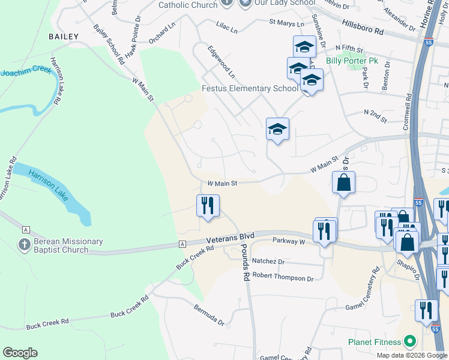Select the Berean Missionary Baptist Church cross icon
[x=23, y=245]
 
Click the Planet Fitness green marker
[x=410, y=342]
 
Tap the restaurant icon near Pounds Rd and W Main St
[x=208, y=205]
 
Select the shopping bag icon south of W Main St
[x=343, y=183]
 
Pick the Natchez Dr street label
[x=268, y=262]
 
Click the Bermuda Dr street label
[x=208, y=315]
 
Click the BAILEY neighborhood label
[x=64, y=37]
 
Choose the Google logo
[x=20, y=353]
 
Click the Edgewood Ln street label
[x=220, y=62]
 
